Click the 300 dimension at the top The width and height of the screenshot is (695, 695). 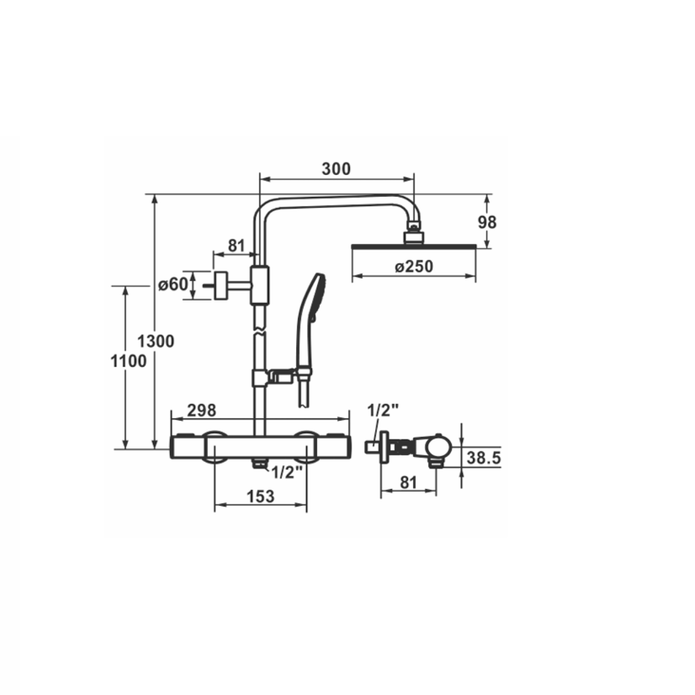coord(336,169)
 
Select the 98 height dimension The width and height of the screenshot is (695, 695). coord(487,223)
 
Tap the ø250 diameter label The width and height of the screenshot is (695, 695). coord(414,266)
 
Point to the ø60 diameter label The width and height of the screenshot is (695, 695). coord(172,284)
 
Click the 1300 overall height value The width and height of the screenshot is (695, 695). coord(156,341)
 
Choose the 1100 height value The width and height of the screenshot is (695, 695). coord(128,362)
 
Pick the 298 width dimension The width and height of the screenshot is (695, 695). coord(201,411)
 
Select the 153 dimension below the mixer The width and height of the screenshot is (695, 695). coord(260,496)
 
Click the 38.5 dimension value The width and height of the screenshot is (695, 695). coord(483,458)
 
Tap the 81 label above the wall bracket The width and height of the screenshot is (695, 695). coord(236,246)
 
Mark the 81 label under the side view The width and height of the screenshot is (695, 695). coord(408,483)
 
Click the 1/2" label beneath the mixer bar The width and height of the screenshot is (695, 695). coord(287,473)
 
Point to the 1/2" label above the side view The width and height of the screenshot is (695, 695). coord(383,410)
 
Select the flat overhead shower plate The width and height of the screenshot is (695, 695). coord(414,246)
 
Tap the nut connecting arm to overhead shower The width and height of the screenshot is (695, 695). coord(413,226)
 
